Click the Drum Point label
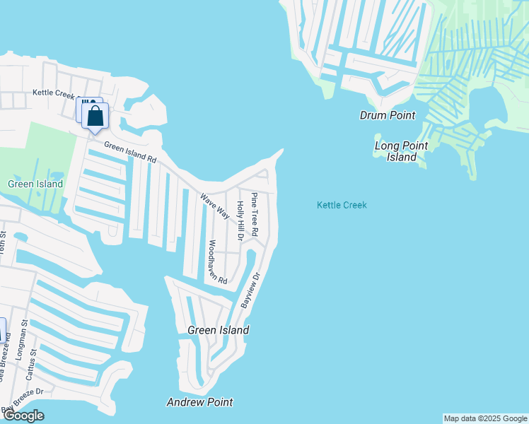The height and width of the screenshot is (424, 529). [387, 115]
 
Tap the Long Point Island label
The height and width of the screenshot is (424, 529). [402, 151]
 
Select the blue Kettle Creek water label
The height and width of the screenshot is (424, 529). [342, 205]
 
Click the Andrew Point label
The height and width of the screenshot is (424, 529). [199, 402]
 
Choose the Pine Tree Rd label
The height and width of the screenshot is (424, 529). [255, 213]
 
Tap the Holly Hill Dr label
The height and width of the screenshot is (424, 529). [240, 220]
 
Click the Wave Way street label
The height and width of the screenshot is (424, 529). [214, 206]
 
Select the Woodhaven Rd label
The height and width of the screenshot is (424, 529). [216, 261]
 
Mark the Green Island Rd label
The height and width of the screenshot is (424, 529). [130, 152]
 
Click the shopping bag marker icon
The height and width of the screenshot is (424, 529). [95, 117]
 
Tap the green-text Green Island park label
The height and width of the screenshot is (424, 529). [35, 184]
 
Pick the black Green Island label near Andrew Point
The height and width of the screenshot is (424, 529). [218, 330]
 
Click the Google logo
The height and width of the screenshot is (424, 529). [23, 415]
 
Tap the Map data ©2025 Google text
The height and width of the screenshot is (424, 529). [484, 418]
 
